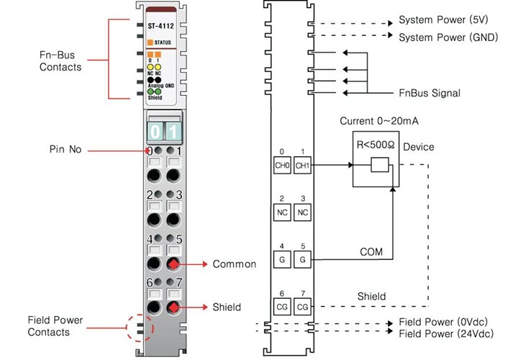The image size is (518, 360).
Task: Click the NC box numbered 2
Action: pyautogui.click(x=283, y=212)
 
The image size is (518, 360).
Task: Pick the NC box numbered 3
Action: pyautogui.click(x=303, y=212)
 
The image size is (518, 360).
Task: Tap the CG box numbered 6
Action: pyautogui.click(x=283, y=307)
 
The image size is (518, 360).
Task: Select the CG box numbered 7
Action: pyautogui.click(x=303, y=307)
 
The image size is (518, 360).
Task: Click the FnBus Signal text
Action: pyautogui.click(x=430, y=94)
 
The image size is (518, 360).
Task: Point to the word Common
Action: pyautogui.click(x=235, y=264)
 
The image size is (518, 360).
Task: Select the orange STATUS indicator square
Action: pyautogui.click(x=152, y=43)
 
